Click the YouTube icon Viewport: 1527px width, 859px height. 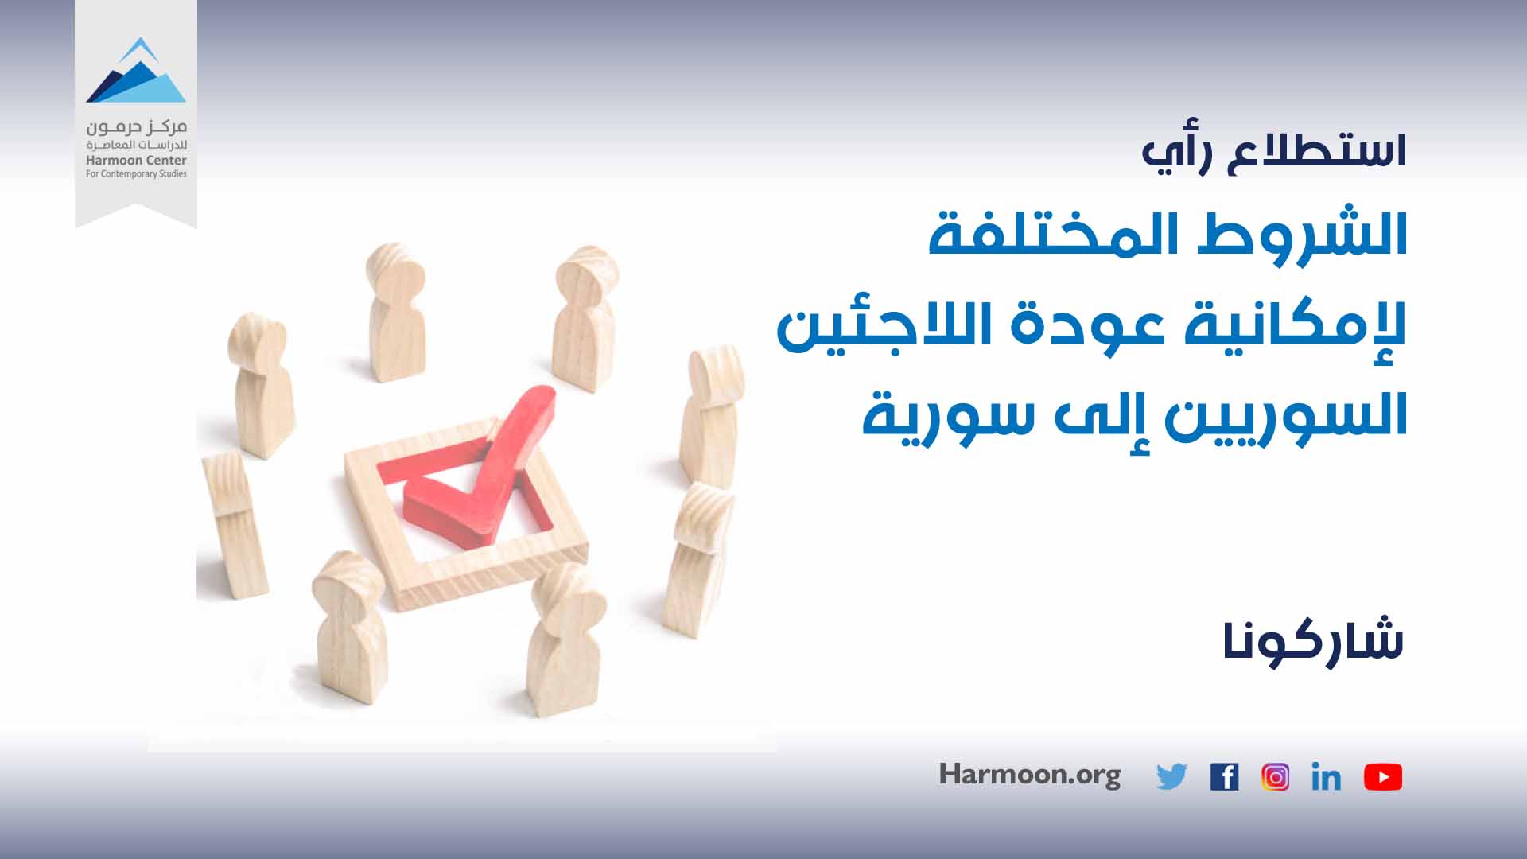[x=1383, y=777]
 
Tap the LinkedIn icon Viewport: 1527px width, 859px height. [x=1326, y=777]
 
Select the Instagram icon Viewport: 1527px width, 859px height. [x=1275, y=777]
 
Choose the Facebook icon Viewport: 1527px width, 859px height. [x=1224, y=777]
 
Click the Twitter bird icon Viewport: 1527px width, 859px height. [x=1171, y=777]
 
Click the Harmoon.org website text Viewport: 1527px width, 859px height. [x=1030, y=775]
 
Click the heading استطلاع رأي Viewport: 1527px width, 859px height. [x=1274, y=152]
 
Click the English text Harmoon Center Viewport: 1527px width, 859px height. [x=136, y=161]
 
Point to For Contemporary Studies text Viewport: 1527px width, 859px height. [x=136, y=174]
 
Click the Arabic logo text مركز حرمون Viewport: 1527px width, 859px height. [x=136, y=127]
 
